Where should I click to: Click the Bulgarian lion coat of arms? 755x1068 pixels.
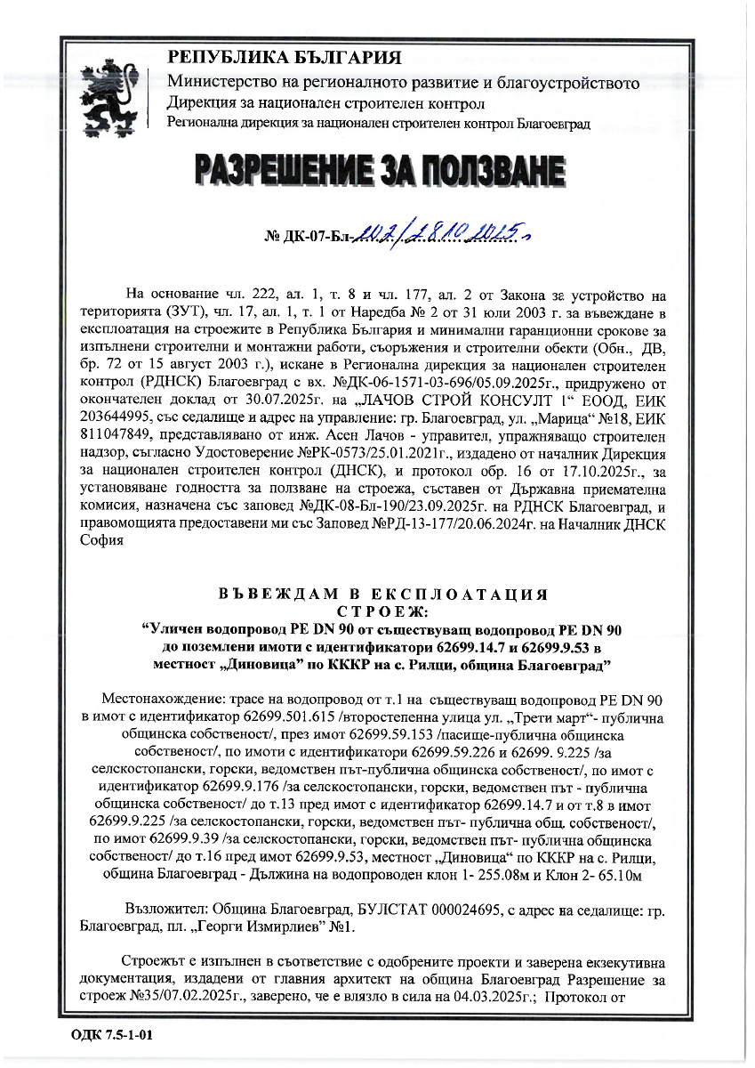pos(108,91)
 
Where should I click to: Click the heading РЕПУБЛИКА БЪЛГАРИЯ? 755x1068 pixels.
pos(285,59)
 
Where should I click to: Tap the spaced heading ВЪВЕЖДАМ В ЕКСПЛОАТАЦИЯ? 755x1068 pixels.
pos(382,594)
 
